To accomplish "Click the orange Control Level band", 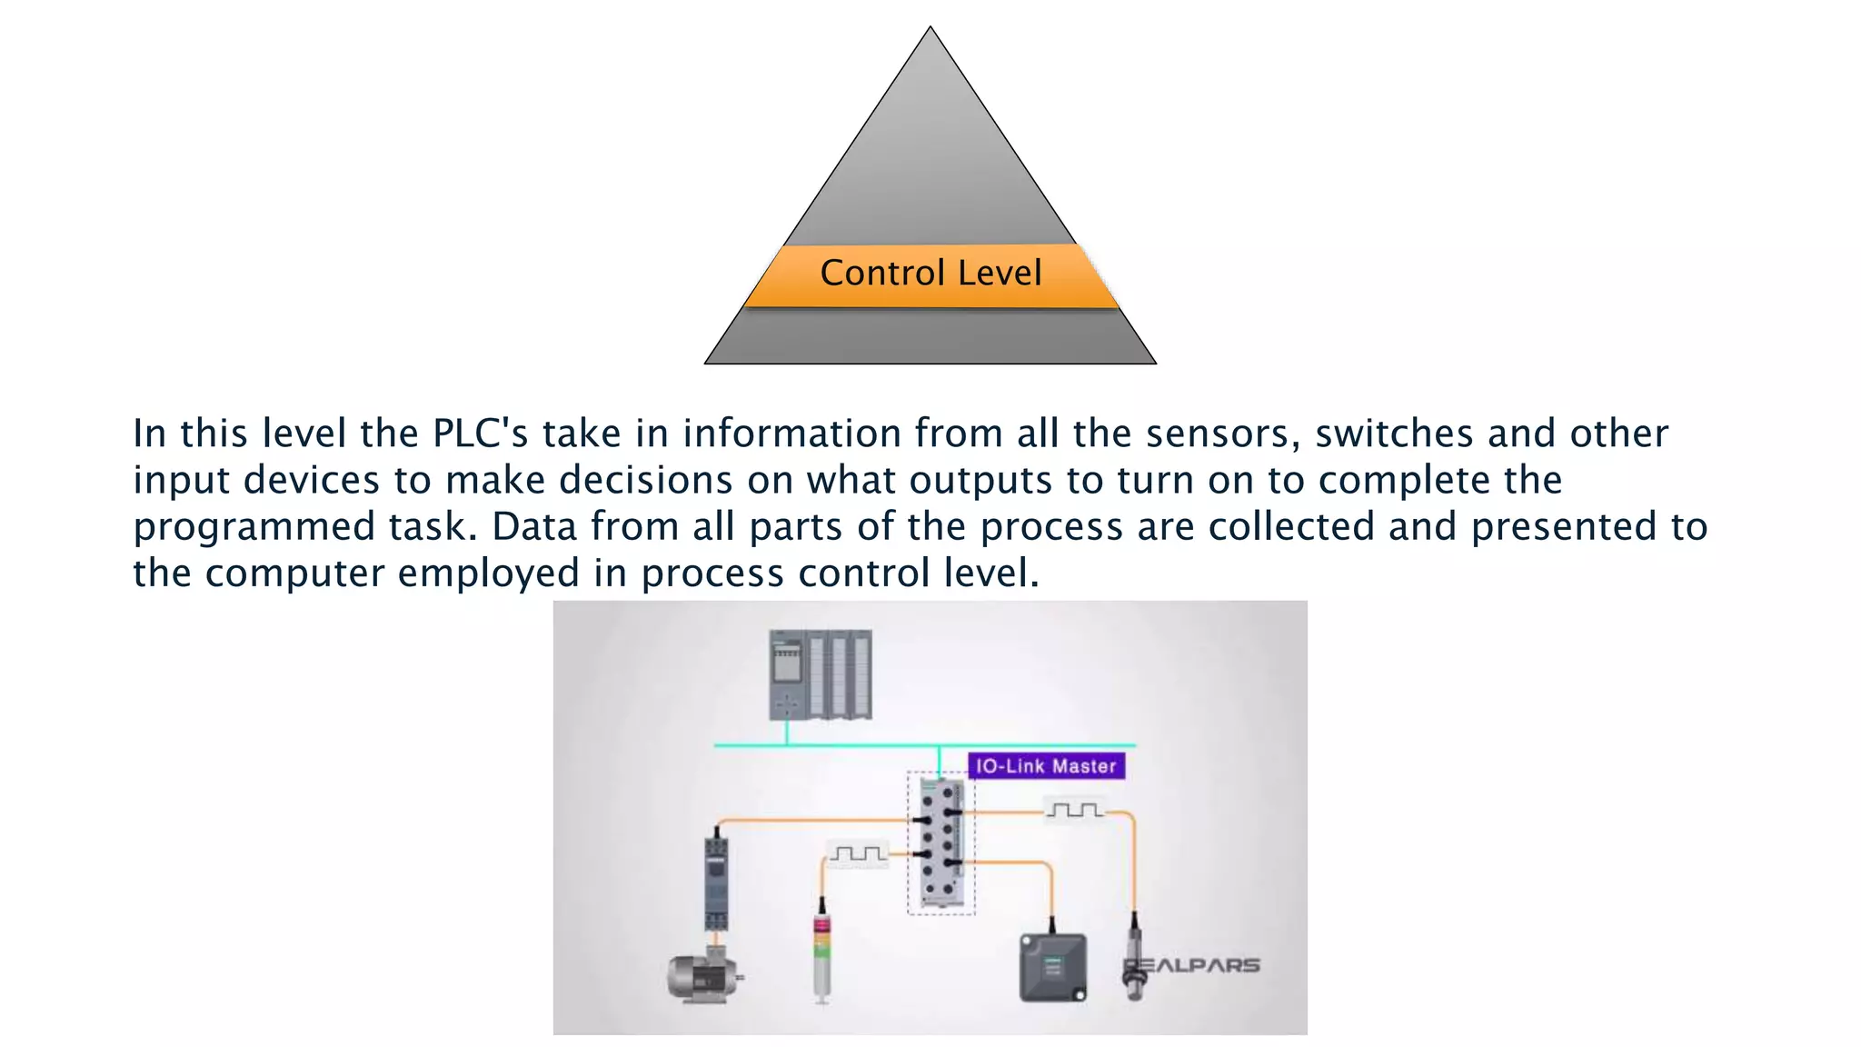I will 930,274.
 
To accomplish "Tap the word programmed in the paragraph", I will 254,527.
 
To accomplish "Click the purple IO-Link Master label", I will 1046,766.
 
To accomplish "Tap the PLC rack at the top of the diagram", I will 821,674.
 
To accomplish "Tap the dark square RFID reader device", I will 1052,968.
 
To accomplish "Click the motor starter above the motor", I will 716,882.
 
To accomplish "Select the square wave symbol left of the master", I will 857,853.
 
